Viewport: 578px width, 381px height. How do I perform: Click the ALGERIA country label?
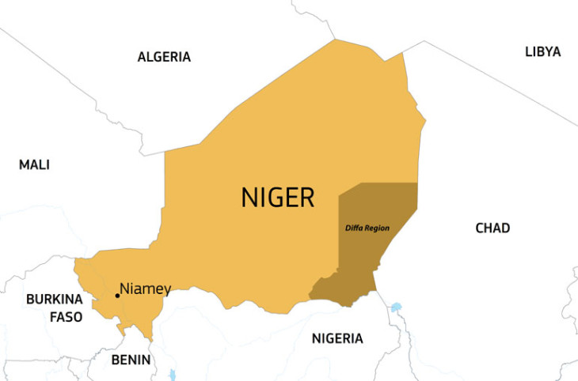(164, 57)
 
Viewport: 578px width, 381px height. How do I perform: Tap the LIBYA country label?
(542, 52)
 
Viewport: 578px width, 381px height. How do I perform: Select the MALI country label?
(34, 164)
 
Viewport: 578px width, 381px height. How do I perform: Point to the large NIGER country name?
(277, 197)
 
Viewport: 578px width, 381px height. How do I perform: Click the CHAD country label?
(492, 228)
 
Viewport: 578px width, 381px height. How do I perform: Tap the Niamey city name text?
(145, 289)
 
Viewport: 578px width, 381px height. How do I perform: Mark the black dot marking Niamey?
(117, 296)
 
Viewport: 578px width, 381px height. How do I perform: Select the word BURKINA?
(53, 300)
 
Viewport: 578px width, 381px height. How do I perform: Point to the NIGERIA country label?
(337, 339)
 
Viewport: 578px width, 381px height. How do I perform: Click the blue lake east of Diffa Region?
(396, 306)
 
